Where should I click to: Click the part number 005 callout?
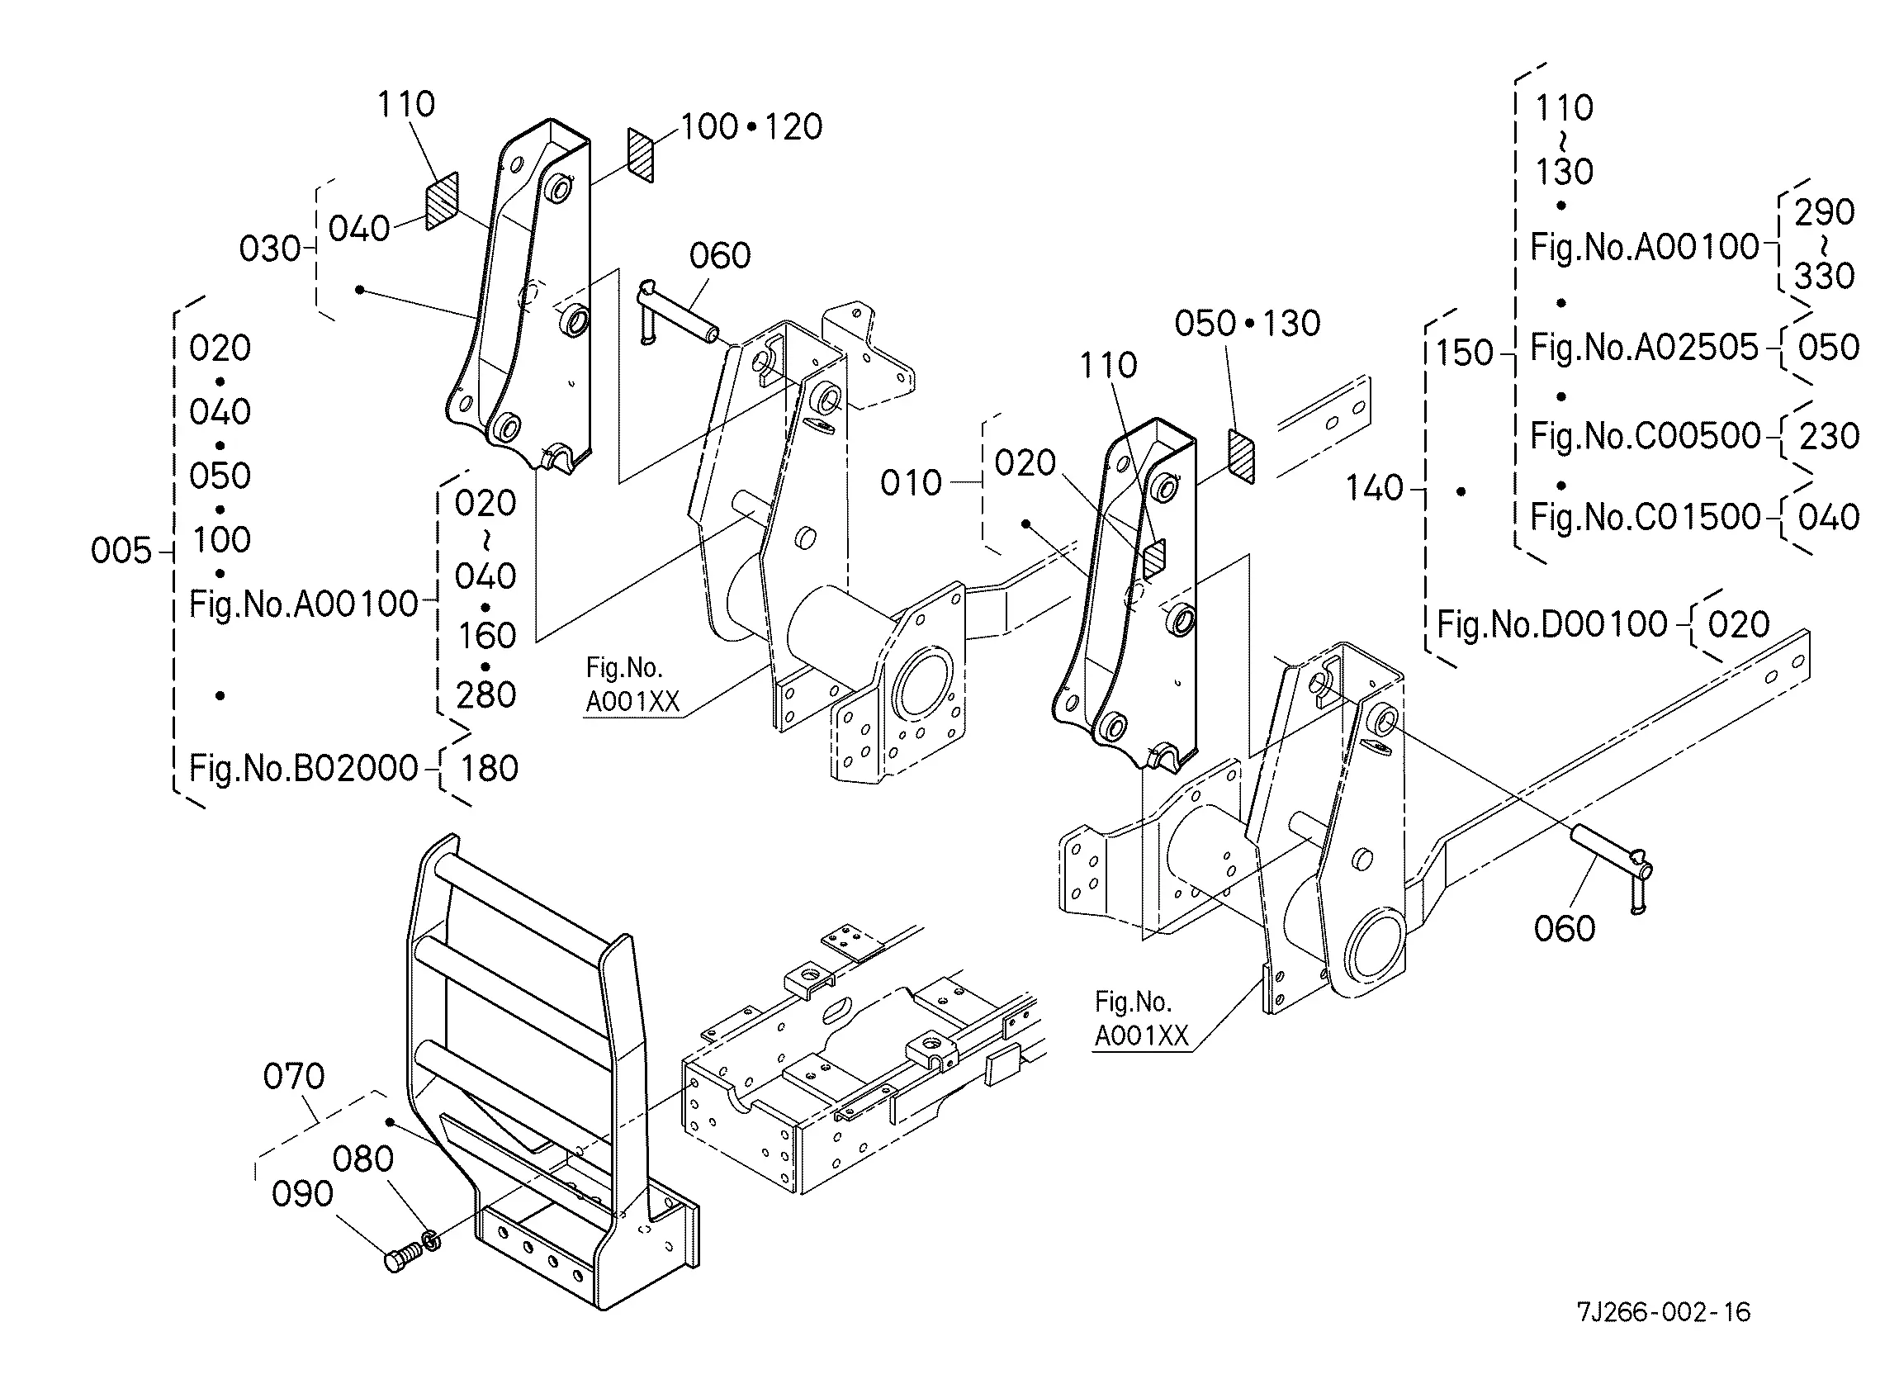pos(121,551)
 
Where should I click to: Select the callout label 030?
pos(270,249)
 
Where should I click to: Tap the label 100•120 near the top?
pos(751,127)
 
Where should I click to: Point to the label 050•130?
pos(1248,323)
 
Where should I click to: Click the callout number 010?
pos(911,483)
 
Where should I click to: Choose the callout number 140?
pos(1374,488)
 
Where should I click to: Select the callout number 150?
pos(1466,353)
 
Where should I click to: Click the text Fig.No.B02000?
pos(303,769)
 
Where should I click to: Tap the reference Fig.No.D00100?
pos(1552,624)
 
